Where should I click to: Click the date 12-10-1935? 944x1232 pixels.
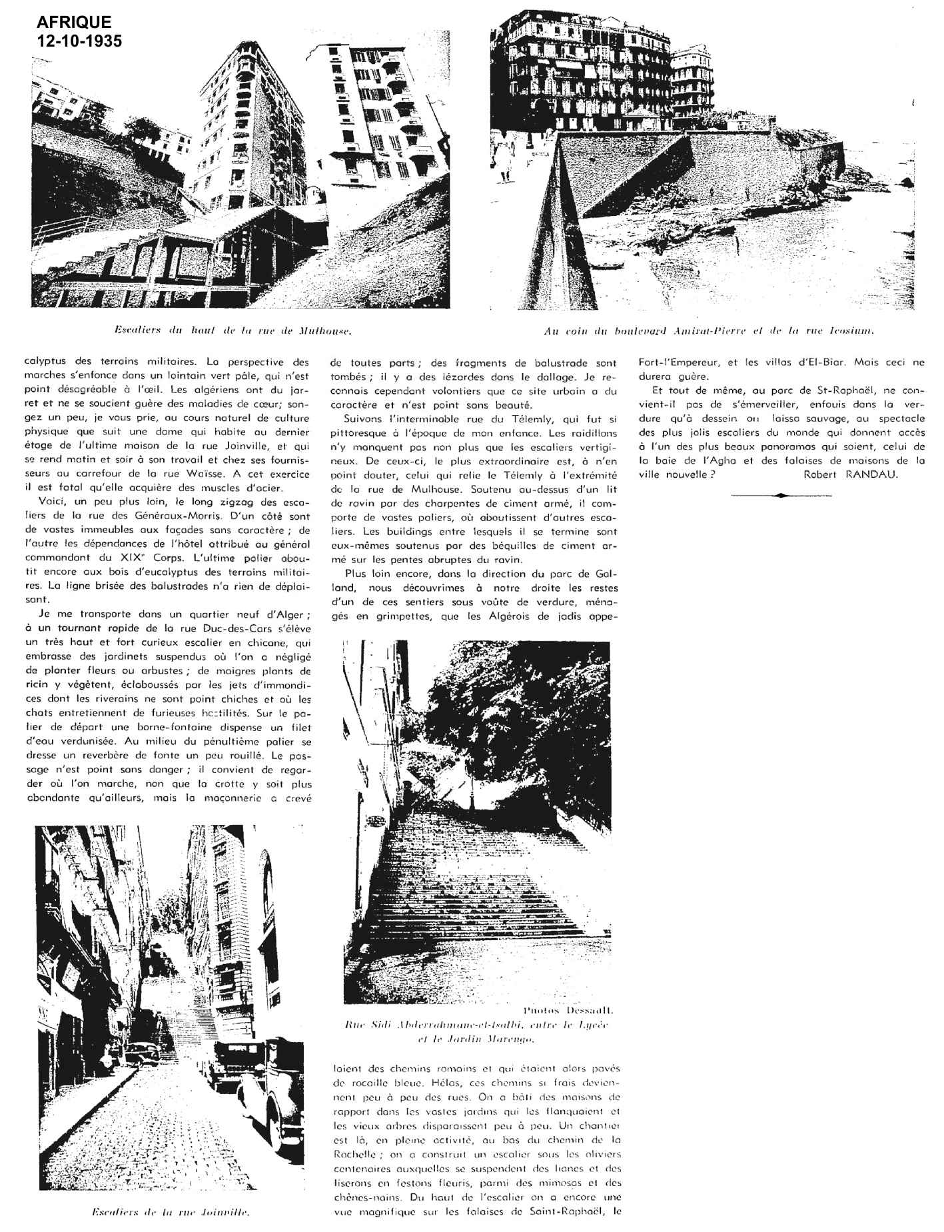[80, 41]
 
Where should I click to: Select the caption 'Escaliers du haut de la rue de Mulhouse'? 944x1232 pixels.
[233, 330]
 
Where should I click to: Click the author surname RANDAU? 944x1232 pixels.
[875, 474]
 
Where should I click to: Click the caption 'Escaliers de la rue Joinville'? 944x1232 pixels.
[169, 1213]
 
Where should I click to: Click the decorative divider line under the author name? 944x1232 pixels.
[778, 495]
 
